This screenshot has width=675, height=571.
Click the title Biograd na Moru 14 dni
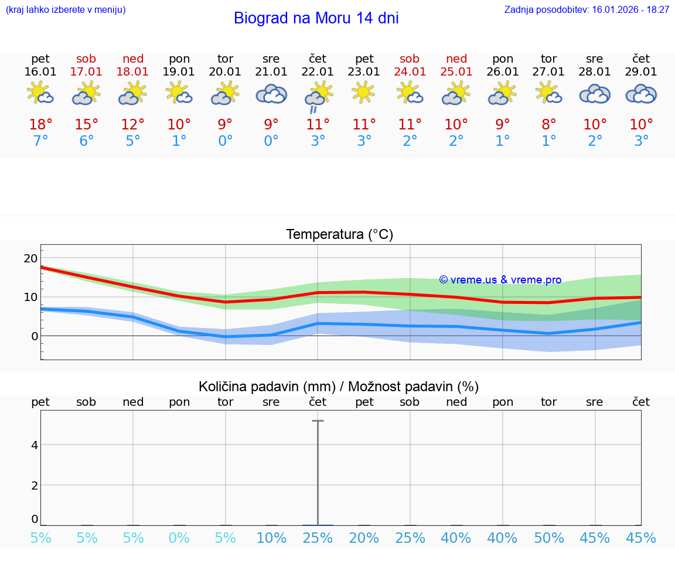tap(316, 18)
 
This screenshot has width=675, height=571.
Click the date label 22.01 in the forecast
tap(318, 72)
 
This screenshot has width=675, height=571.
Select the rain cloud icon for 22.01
tap(318, 96)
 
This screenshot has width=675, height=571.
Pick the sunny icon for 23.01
tap(364, 93)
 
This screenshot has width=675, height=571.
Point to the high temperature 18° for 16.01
tap(40, 125)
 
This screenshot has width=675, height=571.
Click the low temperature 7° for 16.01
tap(40, 141)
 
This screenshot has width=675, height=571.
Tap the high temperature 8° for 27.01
tap(548, 125)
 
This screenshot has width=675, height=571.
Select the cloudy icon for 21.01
tap(271, 94)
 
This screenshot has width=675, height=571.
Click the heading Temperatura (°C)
tap(339, 235)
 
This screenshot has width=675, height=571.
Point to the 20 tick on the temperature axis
tap(30, 258)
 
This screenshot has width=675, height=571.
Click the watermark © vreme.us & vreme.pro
tap(500, 280)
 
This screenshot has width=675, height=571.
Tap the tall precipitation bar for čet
tap(318, 472)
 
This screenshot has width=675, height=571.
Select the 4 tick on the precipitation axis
tap(35, 445)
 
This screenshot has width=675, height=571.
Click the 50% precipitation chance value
tap(548, 538)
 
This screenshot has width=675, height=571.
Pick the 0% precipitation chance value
tap(179, 538)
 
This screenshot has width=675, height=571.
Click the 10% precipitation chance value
tap(271, 538)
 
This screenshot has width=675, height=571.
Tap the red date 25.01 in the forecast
tap(456, 72)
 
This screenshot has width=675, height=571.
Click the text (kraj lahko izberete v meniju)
tap(66, 9)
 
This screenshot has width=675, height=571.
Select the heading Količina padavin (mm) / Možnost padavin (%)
tap(339, 387)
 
